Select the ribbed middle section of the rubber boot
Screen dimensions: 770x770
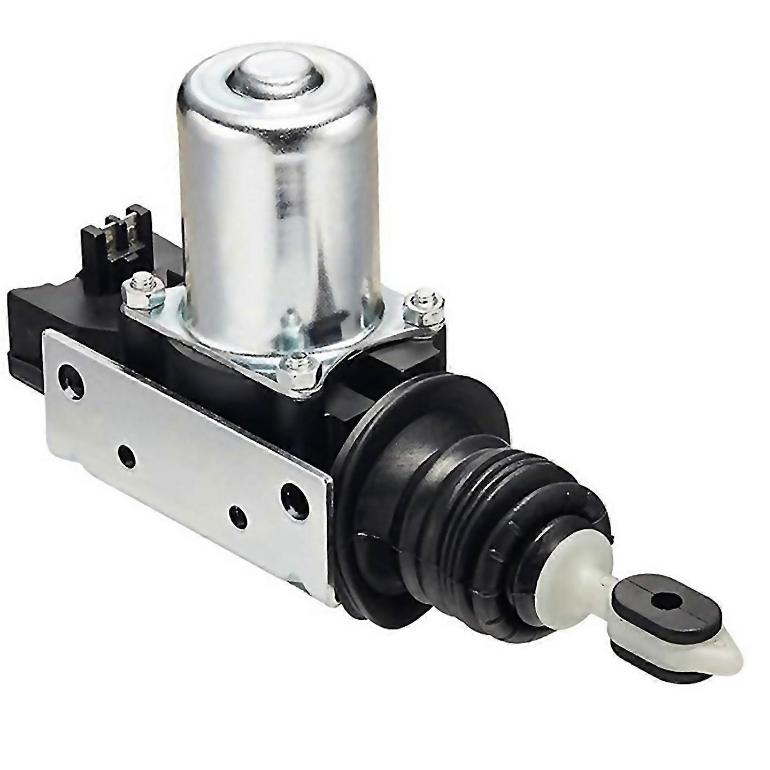pos(481,497)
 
